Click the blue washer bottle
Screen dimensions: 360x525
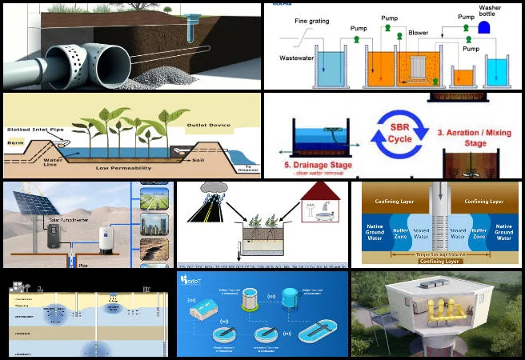484,27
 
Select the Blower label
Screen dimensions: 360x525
418,34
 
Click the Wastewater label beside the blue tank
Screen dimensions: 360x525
296,58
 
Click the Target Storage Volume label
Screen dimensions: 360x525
436,251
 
